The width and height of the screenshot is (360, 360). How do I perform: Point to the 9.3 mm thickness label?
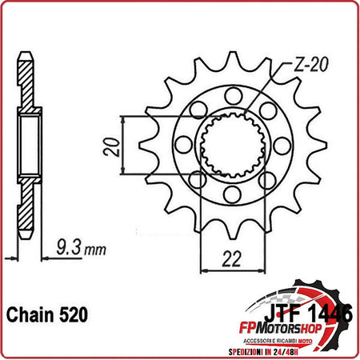81,249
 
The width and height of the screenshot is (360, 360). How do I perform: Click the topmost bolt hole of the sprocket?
231,96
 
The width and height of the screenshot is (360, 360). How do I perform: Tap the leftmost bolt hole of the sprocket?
182,145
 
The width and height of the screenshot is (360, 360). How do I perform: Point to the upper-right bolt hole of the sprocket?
266,110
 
